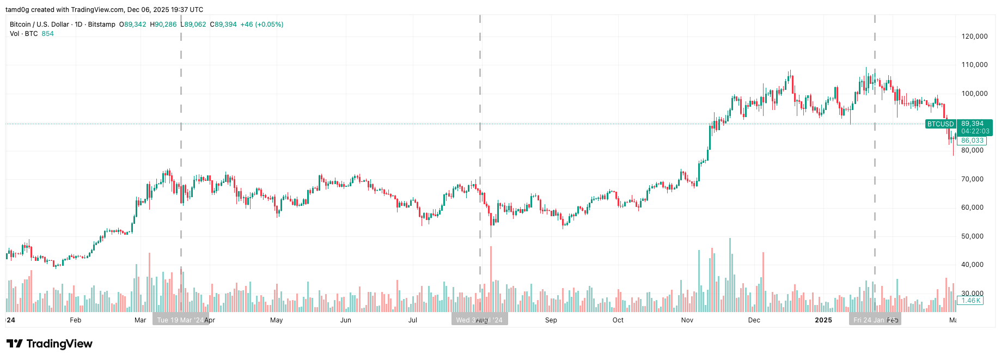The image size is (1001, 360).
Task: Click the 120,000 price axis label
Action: pos(974,36)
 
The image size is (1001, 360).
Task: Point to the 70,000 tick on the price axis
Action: pos(974,179)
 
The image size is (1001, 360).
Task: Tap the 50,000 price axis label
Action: pos(974,236)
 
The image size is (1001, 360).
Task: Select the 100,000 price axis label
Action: pos(974,94)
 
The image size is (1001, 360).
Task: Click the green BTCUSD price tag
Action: pos(941,124)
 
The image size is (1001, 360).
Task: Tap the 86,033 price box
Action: pos(972,141)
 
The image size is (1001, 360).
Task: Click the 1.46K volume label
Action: pos(971,301)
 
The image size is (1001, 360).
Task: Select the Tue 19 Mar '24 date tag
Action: pos(180,320)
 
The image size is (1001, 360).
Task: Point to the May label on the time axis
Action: pos(277,320)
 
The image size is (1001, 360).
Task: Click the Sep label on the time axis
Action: pos(551,320)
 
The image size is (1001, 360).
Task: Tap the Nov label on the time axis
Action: pos(687,320)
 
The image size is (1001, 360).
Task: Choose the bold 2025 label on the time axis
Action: pos(823,320)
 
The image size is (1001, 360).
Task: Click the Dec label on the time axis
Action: pos(754,320)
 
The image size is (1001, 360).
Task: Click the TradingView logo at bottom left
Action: pos(50,344)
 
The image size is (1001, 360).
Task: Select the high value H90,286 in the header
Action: pos(163,25)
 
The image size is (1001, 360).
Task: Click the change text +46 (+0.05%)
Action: pos(262,25)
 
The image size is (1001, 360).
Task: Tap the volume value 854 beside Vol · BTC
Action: pos(48,34)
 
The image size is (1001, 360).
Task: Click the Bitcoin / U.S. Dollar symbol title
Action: pos(40,25)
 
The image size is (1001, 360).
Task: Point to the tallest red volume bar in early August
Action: pos(491,279)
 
